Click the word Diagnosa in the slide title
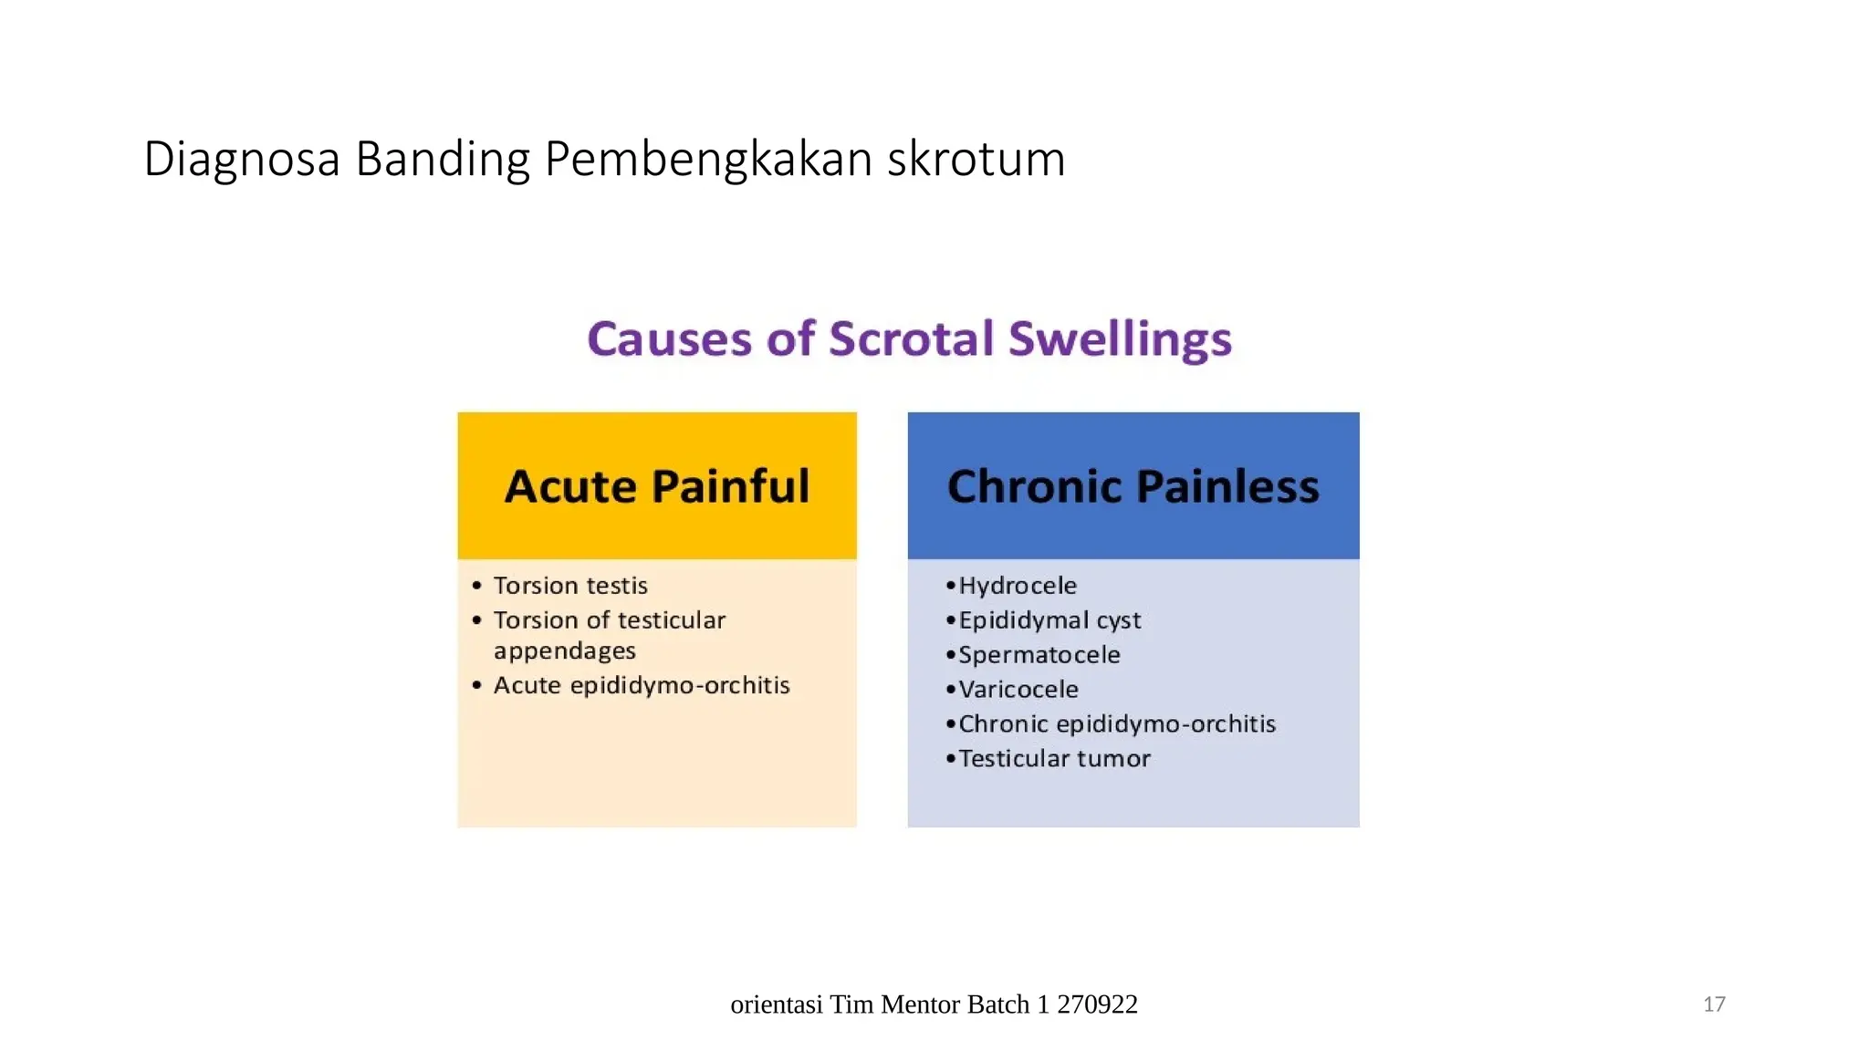point(242,159)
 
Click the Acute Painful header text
point(657,485)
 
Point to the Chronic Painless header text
point(1133,485)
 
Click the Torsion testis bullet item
point(570,586)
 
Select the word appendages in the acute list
point(564,651)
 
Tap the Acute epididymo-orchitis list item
point(642,685)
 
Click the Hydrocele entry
point(1017,586)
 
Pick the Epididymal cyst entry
point(1049,620)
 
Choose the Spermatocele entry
point(1039,655)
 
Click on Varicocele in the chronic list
point(1018,690)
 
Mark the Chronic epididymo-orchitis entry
point(1116,724)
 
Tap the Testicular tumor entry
point(1054,759)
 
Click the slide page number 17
point(1714,1004)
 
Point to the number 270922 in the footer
point(1097,1004)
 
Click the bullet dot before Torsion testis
point(476,586)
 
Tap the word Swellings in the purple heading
point(1120,338)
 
